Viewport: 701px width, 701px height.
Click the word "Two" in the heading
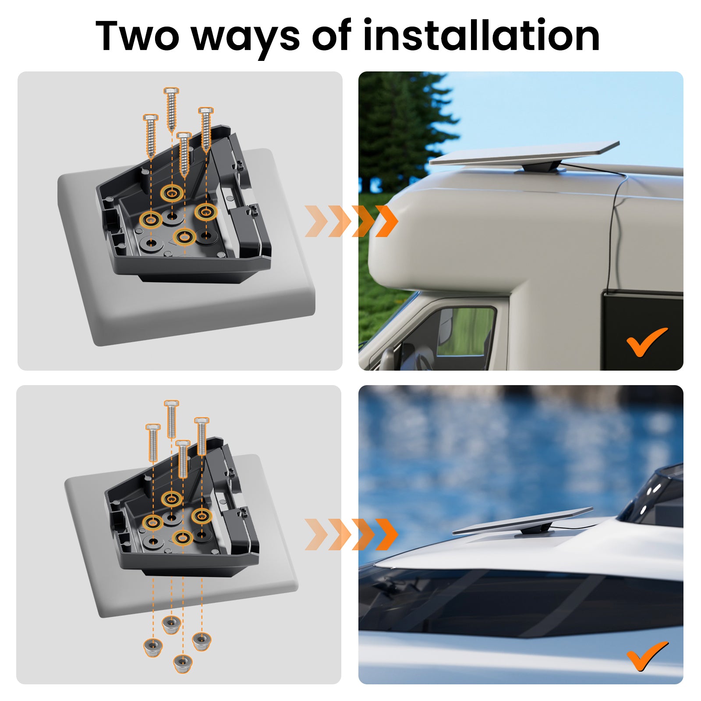tap(137, 35)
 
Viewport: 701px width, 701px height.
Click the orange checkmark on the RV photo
tap(647, 342)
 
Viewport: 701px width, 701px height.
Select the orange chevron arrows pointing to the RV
tap(351, 221)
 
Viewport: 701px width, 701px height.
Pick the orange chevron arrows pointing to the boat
tap(351, 534)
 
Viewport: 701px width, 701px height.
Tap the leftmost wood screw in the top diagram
tap(151, 135)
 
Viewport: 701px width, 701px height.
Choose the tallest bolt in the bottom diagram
tap(171, 419)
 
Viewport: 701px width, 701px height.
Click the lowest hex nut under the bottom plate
tap(183, 663)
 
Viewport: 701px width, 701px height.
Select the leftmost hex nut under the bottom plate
tap(153, 647)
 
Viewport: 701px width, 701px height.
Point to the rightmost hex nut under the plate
tap(202, 641)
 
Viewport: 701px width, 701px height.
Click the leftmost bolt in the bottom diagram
tap(153, 443)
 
